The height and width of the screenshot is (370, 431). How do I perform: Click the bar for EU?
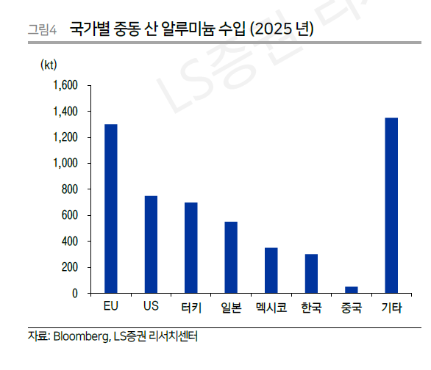point(110,208)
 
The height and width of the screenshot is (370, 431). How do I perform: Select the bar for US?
point(151,244)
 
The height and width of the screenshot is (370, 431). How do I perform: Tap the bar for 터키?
point(190,247)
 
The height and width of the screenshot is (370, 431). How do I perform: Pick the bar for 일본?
point(231,257)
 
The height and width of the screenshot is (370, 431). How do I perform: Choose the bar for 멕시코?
point(271,270)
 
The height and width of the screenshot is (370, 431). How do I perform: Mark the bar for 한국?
point(311,274)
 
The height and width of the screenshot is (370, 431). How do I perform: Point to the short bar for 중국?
point(351,290)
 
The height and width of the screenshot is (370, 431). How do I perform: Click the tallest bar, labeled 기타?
point(391,206)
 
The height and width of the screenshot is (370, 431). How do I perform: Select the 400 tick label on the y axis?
point(69,242)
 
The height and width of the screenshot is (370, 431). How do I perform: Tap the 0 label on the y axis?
point(75,294)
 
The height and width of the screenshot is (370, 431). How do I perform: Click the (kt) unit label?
point(48,65)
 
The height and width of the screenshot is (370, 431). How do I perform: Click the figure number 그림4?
point(42,30)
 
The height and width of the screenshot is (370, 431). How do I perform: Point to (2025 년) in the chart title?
point(282,29)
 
